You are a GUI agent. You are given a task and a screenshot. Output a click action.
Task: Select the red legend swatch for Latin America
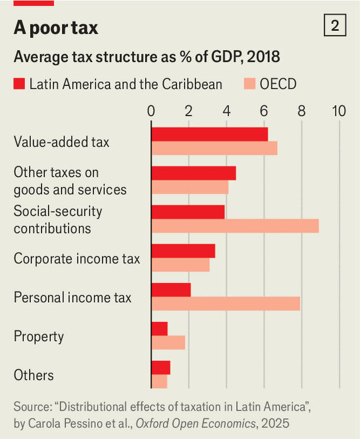pyautogui.click(x=19, y=84)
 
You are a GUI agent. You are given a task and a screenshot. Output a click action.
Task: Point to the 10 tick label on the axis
pyautogui.click(x=339, y=111)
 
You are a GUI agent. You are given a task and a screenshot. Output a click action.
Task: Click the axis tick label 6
pyautogui.click(x=264, y=111)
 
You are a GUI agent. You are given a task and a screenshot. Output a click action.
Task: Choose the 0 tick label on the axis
pyautogui.click(x=151, y=111)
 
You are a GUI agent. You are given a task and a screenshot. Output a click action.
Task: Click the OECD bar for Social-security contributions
pyautogui.click(x=235, y=226)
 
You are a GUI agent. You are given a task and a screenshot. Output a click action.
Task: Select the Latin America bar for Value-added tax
pyautogui.click(x=210, y=134)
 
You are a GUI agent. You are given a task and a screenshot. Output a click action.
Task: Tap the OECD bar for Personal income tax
pyautogui.click(x=226, y=303)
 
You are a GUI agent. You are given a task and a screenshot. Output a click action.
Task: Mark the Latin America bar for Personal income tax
pyautogui.click(x=171, y=290)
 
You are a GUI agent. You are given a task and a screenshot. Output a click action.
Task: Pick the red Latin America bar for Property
pyautogui.click(x=159, y=328)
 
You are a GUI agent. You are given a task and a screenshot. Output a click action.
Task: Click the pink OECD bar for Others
pyautogui.click(x=159, y=381)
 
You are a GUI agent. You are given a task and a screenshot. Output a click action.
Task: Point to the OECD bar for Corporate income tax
pyautogui.click(x=181, y=265)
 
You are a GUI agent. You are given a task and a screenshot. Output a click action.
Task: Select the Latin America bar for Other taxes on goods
pyautogui.click(x=194, y=173)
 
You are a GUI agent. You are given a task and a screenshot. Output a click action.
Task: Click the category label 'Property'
pyautogui.click(x=38, y=337)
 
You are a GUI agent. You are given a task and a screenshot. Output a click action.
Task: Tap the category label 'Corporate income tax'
pyautogui.click(x=77, y=258)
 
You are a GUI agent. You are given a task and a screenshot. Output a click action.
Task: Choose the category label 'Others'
pyautogui.click(x=34, y=375)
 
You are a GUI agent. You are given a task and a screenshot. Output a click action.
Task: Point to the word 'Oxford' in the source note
pyautogui.click(x=155, y=424)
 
